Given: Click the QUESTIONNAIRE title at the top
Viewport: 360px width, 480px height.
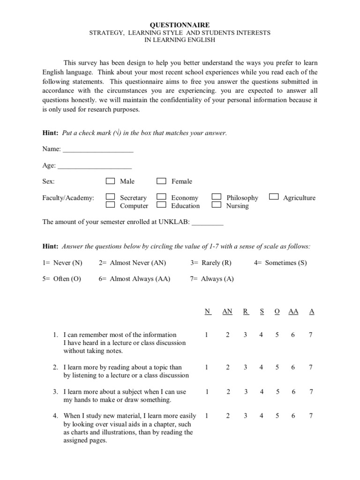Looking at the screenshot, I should tap(180, 25).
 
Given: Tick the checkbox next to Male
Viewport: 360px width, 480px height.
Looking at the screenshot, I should tap(110, 181).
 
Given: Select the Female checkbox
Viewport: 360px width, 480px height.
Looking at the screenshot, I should tap(161, 181).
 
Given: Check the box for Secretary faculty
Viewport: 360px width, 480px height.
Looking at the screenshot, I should tap(110, 197).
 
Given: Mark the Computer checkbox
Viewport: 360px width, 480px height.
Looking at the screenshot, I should tap(110, 205).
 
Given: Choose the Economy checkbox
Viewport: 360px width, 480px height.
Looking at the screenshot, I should tap(161, 197).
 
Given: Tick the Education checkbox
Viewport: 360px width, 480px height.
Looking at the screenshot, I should tap(161, 205).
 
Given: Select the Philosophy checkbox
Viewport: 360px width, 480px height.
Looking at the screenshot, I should tap(217, 197).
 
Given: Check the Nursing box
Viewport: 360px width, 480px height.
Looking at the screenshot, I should tap(217, 205).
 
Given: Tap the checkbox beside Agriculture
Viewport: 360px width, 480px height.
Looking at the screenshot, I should tap(274, 197).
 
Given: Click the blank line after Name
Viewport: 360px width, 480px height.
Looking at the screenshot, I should tap(98, 150).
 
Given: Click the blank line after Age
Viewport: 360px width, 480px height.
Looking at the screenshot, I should tap(95, 166).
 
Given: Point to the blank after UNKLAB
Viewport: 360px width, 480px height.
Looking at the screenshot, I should tap(208, 224).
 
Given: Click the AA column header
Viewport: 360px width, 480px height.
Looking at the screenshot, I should tap(293, 311).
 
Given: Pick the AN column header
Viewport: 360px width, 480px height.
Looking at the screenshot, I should tap(227, 311).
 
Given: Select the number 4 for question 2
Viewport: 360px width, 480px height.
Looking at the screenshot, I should tap(262, 367).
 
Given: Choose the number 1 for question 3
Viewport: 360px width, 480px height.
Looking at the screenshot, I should tap(207, 392).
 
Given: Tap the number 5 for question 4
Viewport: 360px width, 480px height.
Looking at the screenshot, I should tap(277, 416).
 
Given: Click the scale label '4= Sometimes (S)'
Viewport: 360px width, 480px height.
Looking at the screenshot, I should tap(280, 262).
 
